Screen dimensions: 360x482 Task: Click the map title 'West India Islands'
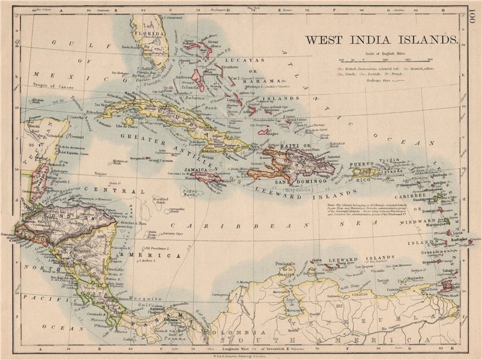[381, 40]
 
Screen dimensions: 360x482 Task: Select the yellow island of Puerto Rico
[365, 172]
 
